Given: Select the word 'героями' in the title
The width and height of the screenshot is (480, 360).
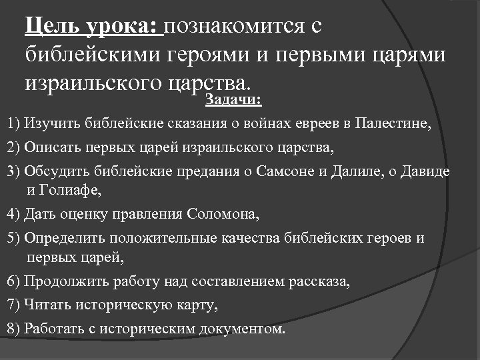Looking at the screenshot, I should point(214,54).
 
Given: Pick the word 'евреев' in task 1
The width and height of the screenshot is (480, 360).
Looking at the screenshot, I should point(311,124).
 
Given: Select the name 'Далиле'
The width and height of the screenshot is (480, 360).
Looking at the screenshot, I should point(352,171).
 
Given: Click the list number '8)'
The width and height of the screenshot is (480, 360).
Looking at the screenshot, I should point(13,329).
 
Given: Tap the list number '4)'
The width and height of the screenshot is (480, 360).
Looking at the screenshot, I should point(13,215).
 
